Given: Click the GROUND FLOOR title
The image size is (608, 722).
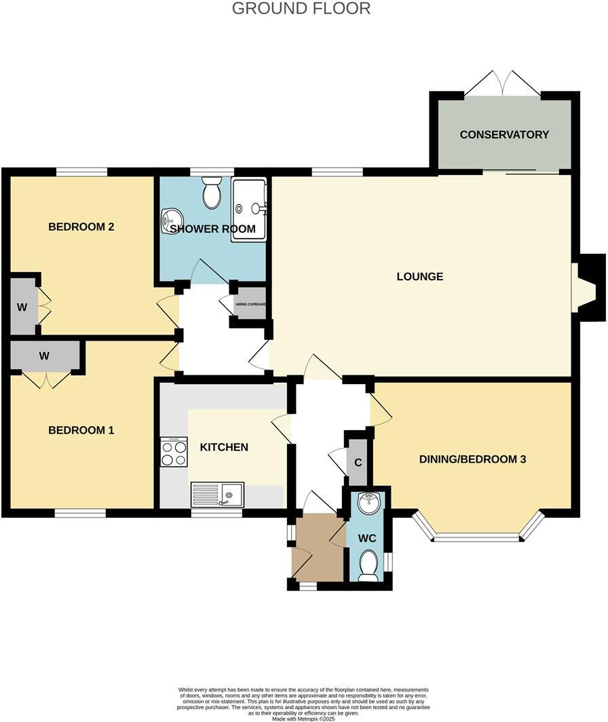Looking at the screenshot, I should pyautogui.click(x=301, y=9).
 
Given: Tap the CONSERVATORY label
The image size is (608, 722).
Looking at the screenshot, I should pyautogui.click(x=504, y=134).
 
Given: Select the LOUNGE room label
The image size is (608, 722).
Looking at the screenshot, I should pyautogui.click(x=420, y=276).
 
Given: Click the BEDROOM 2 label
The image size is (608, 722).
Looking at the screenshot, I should pyautogui.click(x=81, y=227).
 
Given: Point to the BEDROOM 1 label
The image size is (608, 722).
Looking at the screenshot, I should pyautogui.click(x=81, y=430).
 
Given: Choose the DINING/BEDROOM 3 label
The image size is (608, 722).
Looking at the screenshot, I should pyautogui.click(x=472, y=459).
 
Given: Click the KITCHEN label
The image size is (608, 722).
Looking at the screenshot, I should pyautogui.click(x=223, y=447).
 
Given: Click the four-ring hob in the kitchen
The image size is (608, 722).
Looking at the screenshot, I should pyautogui.click(x=174, y=453).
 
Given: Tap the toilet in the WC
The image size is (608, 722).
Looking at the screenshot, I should pyautogui.click(x=368, y=565).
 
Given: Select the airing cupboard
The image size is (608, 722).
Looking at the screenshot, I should pyautogui.click(x=250, y=304).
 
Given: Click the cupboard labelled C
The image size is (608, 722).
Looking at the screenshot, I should pyautogui.click(x=357, y=462).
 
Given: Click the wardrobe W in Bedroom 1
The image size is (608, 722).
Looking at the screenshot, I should pyautogui.click(x=45, y=355).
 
